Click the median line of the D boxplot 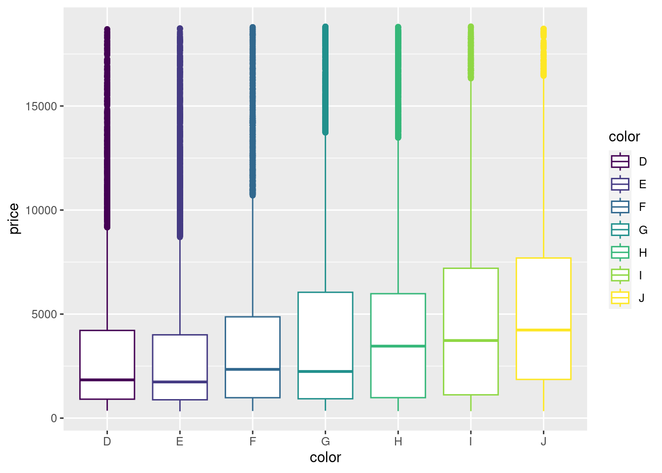[107, 380]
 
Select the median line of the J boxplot [543, 330]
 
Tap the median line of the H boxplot [398, 346]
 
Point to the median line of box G [325, 371]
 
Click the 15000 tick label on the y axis [41, 106]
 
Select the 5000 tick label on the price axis [44, 314]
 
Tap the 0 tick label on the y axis [54, 418]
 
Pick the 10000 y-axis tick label [41, 210]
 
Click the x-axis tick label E [180, 441]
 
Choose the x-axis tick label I [471, 441]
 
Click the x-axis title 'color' [325, 458]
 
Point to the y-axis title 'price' [14, 219]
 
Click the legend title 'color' [624, 137]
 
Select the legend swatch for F [620, 207]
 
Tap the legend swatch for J [620, 298]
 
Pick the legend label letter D [643, 162]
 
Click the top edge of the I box [471, 269]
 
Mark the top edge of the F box [253, 317]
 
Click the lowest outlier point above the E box [180, 237]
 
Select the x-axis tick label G [325, 441]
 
